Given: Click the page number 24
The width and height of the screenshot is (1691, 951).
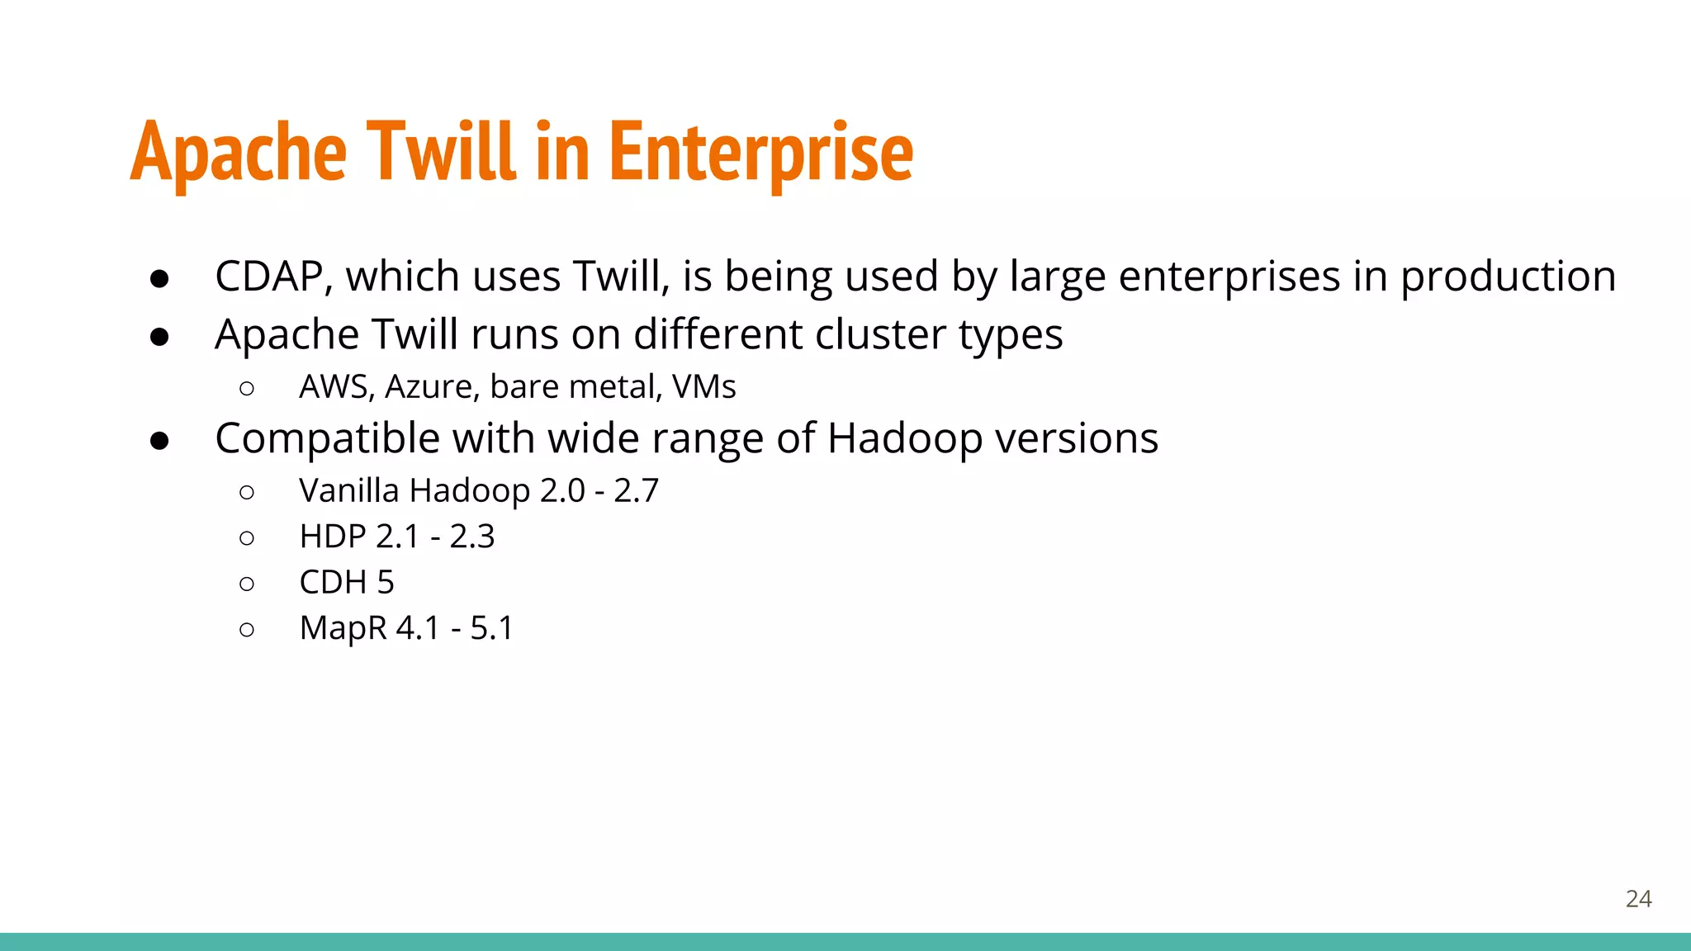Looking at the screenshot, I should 1638,899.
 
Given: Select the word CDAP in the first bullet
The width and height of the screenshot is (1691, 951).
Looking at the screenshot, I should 268,276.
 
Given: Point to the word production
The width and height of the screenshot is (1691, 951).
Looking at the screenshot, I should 1508,277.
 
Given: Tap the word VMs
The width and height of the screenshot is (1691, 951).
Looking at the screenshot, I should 703,387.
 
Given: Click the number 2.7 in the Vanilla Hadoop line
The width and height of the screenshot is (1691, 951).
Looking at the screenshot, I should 636,490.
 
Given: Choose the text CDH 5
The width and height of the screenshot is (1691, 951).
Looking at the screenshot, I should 347,583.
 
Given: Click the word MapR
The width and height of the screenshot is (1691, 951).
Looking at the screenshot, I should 343,629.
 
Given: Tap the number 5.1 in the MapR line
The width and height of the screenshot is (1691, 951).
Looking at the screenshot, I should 491,629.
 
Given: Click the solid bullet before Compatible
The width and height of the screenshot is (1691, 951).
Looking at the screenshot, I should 159,441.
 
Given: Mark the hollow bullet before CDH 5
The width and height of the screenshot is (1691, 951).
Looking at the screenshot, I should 246,584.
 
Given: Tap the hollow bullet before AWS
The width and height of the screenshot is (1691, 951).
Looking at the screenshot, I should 246,388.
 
